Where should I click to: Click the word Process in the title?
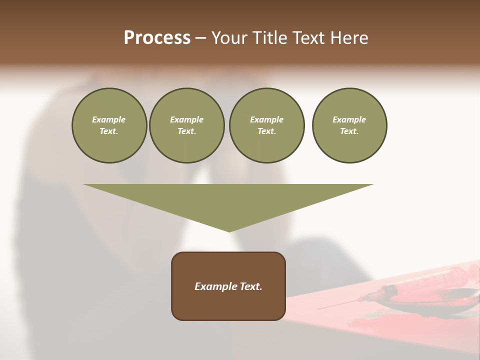coord(157,38)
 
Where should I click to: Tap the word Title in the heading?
coord(270,38)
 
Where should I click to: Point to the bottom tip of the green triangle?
coord(229,231)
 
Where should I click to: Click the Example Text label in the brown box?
coord(228,286)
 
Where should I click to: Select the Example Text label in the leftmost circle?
coord(109,125)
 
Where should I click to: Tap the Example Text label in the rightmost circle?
coord(349,125)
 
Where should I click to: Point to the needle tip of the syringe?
coord(318,308)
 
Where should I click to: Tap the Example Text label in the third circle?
coord(266,125)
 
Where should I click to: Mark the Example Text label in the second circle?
coord(186,125)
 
